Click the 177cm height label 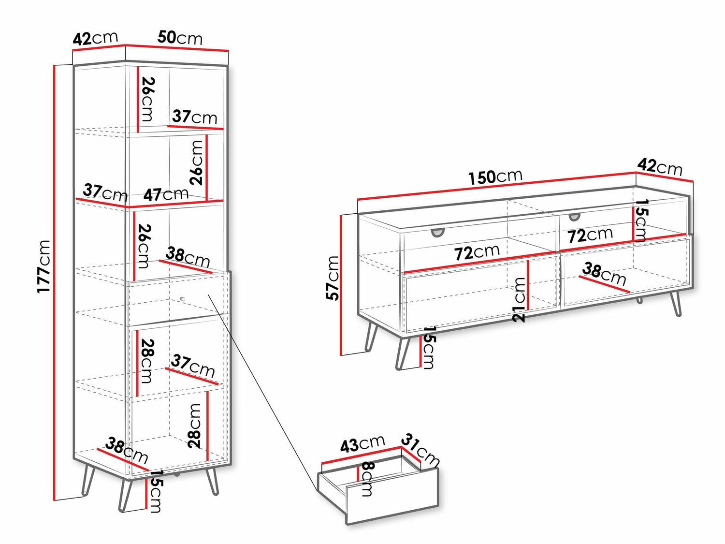pyautogui.click(x=43, y=266)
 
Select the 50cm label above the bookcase pyautogui.click(x=180, y=38)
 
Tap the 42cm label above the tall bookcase pyautogui.click(x=95, y=39)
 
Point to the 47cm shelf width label pyautogui.click(x=166, y=194)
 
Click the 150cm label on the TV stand pyautogui.click(x=495, y=176)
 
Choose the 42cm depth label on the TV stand pyautogui.click(x=660, y=167)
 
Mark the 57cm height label pyautogui.click(x=333, y=278)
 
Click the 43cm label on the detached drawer pyautogui.click(x=362, y=443)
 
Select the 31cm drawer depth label pyautogui.click(x=420, y=451)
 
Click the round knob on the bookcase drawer pyautogui.click(x=182, y=299)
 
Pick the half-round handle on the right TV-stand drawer pyautogui.click(x=574, y=217)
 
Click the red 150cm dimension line pyautogui.click(x=497, y=187)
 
